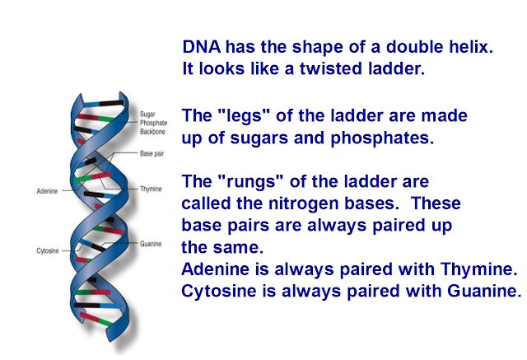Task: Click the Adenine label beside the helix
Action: [x=47, y=191]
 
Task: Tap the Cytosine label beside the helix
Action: [x=48, y=250]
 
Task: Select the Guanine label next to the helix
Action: [x=151, y=244]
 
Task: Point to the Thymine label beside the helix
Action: [x=151, y=189]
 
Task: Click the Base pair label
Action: [x=152, y=153]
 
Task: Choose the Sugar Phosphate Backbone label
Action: [x=154, y=123]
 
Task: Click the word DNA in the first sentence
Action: [x=202, y=47]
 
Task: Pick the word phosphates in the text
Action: [x=382, y=138]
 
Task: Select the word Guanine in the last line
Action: [x=484, y=291]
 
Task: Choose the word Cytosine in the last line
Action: [x=219, y=291]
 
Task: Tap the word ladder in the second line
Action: [x=396, y=68]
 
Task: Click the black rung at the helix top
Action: [x=111, y=103]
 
